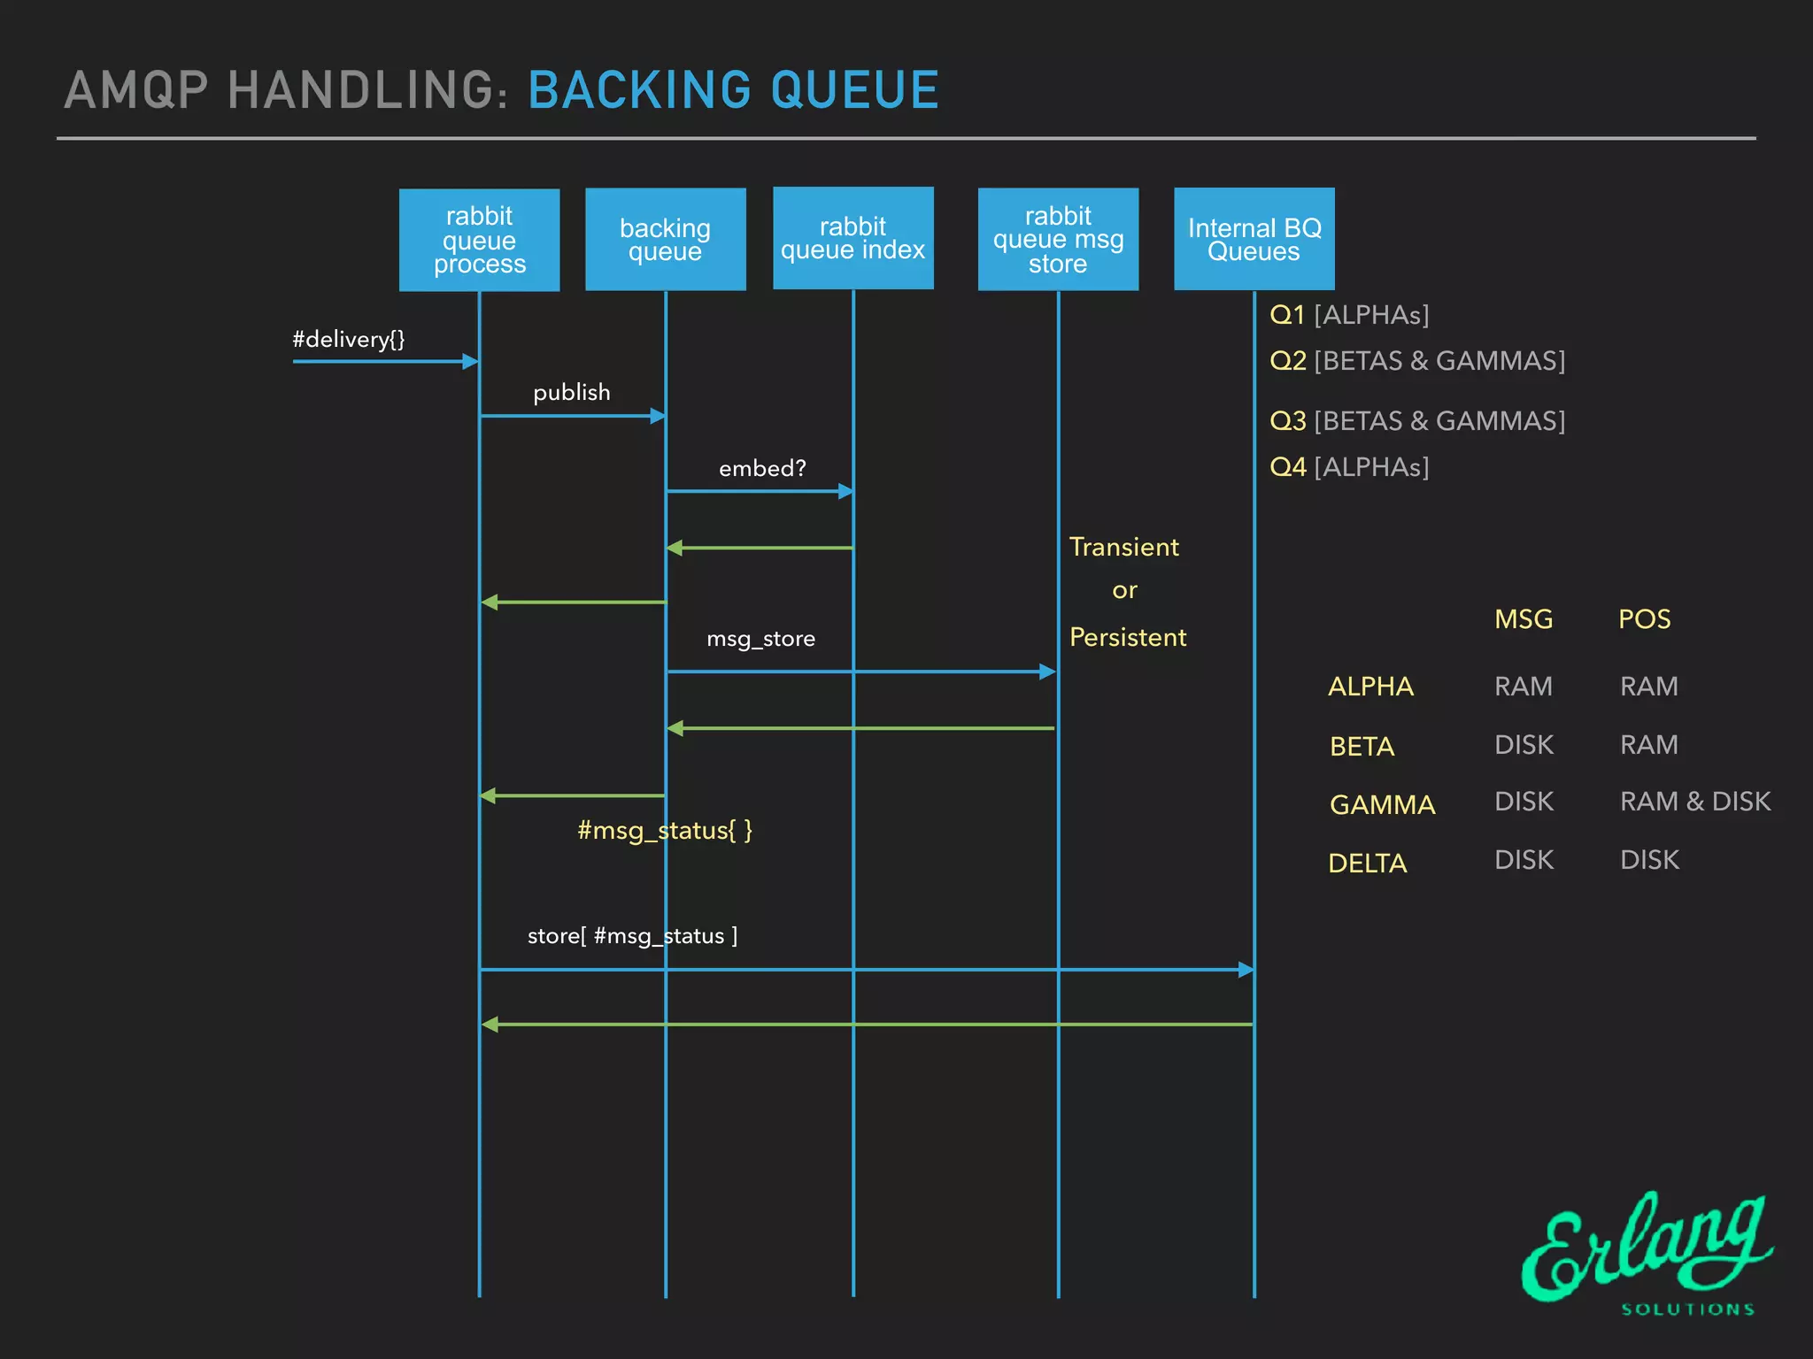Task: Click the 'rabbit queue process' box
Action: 479,240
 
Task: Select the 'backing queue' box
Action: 665,240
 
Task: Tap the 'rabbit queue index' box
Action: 852,238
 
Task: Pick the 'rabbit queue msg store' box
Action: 1058,239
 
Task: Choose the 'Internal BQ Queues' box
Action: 1254,239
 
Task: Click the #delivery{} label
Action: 349,339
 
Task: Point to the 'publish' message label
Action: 571,392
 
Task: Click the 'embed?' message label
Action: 762,468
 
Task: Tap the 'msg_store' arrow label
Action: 760,638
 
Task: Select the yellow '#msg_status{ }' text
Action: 665,830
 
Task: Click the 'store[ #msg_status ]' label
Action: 632,935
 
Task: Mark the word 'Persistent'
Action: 1128,637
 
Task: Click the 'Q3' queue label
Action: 1288,420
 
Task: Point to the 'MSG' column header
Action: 1524,618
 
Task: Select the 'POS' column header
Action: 1644,618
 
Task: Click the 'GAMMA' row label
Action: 1382,804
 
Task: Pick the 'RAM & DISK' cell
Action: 1694,802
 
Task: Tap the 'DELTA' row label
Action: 1368,863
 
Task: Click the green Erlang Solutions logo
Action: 1647,1252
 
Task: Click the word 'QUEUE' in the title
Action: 854,90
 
